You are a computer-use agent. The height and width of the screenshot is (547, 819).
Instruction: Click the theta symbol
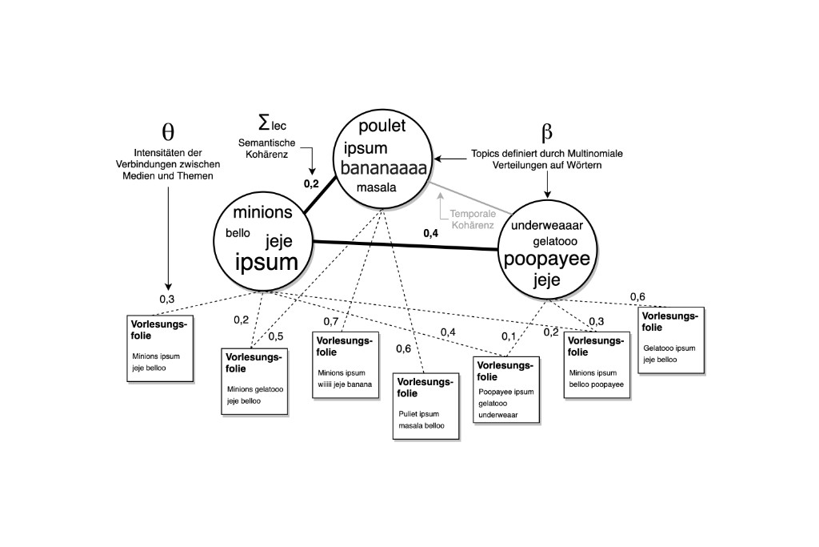click(x=168, y=131)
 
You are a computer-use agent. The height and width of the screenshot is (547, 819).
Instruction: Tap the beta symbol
click(x=547, y=133)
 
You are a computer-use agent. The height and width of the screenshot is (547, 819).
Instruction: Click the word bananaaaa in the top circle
click(x=384, y=168)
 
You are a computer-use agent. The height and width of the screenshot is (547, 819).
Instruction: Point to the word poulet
click(x=382, y=126)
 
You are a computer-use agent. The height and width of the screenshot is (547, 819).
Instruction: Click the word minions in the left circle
click(x=268, y=212)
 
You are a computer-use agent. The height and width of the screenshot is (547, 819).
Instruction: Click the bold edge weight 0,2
click(x=312, y=183)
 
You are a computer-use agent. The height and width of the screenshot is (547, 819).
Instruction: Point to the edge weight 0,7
click(x=331, y=321)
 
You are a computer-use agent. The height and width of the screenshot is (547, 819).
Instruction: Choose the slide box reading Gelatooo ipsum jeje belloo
click(x=670, y=340)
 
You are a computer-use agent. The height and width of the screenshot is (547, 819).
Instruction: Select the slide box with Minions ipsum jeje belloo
click(x=160, y=348)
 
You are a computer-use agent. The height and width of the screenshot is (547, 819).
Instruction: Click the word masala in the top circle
click(x=378, y=187)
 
